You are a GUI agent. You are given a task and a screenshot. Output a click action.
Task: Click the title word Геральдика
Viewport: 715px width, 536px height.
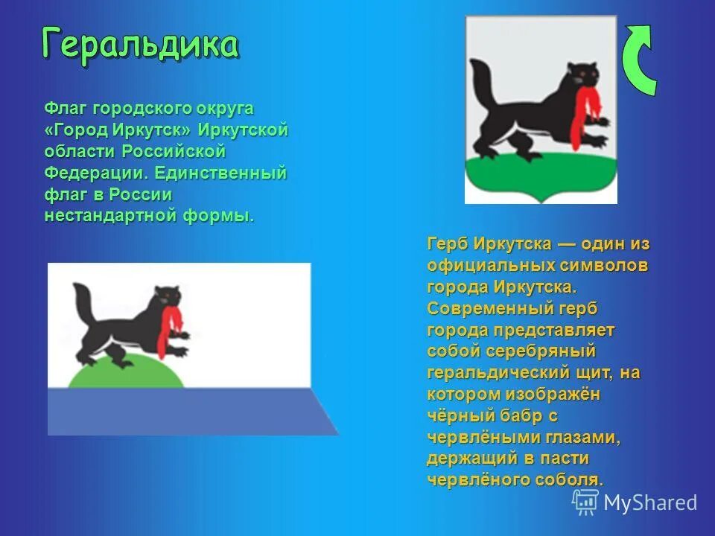(x=140, y=44)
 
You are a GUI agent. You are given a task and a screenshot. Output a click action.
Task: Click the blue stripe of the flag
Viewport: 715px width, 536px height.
(x=186, y=411)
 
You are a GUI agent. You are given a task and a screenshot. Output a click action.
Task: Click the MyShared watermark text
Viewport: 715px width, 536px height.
(x=649, y=502)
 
